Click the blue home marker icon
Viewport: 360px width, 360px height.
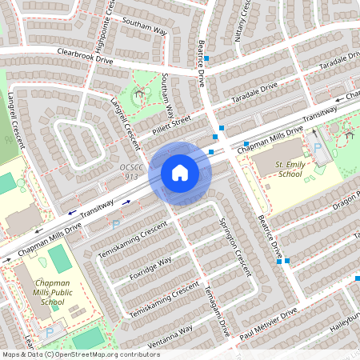(179, 173)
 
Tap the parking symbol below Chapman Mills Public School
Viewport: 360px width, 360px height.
(50, 331)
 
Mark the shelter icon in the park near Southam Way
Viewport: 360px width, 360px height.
(139, 94)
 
